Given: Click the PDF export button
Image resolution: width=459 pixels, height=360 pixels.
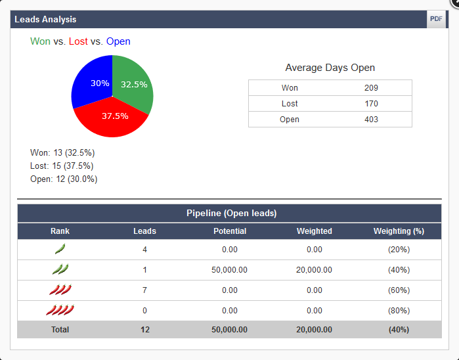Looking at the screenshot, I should click(436, 19).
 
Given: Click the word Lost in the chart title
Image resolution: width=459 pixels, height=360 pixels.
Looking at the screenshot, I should click(78, 41).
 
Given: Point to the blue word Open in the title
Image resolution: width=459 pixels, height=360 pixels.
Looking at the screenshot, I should click(118, 41).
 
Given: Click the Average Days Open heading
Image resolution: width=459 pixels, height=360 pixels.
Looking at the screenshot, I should click(330, 68).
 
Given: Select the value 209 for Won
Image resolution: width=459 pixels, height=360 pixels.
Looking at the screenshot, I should click(371, 88).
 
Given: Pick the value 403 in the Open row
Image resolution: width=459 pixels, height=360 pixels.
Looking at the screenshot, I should click(371, 120).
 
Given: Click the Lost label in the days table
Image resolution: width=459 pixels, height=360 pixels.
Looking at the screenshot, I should click(290, 104).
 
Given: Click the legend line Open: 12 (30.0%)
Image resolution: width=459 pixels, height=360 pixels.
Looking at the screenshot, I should click(64, 179).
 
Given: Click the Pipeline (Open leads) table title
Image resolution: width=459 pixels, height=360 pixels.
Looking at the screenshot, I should click(231, 214).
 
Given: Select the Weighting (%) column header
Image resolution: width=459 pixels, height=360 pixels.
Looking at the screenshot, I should click(399, 231).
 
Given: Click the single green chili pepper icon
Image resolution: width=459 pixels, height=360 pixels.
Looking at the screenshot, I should click(60, 249).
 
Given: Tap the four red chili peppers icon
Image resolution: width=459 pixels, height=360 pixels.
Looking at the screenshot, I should click(60, 310).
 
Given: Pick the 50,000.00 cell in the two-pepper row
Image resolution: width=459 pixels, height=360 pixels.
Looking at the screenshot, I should click(230, 269).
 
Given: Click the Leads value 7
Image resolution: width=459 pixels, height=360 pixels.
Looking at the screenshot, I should click(144, 290).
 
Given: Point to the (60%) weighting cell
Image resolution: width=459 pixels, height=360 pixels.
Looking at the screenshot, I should click(399, 290).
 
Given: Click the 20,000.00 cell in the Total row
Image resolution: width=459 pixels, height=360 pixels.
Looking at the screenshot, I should click(314, 330).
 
